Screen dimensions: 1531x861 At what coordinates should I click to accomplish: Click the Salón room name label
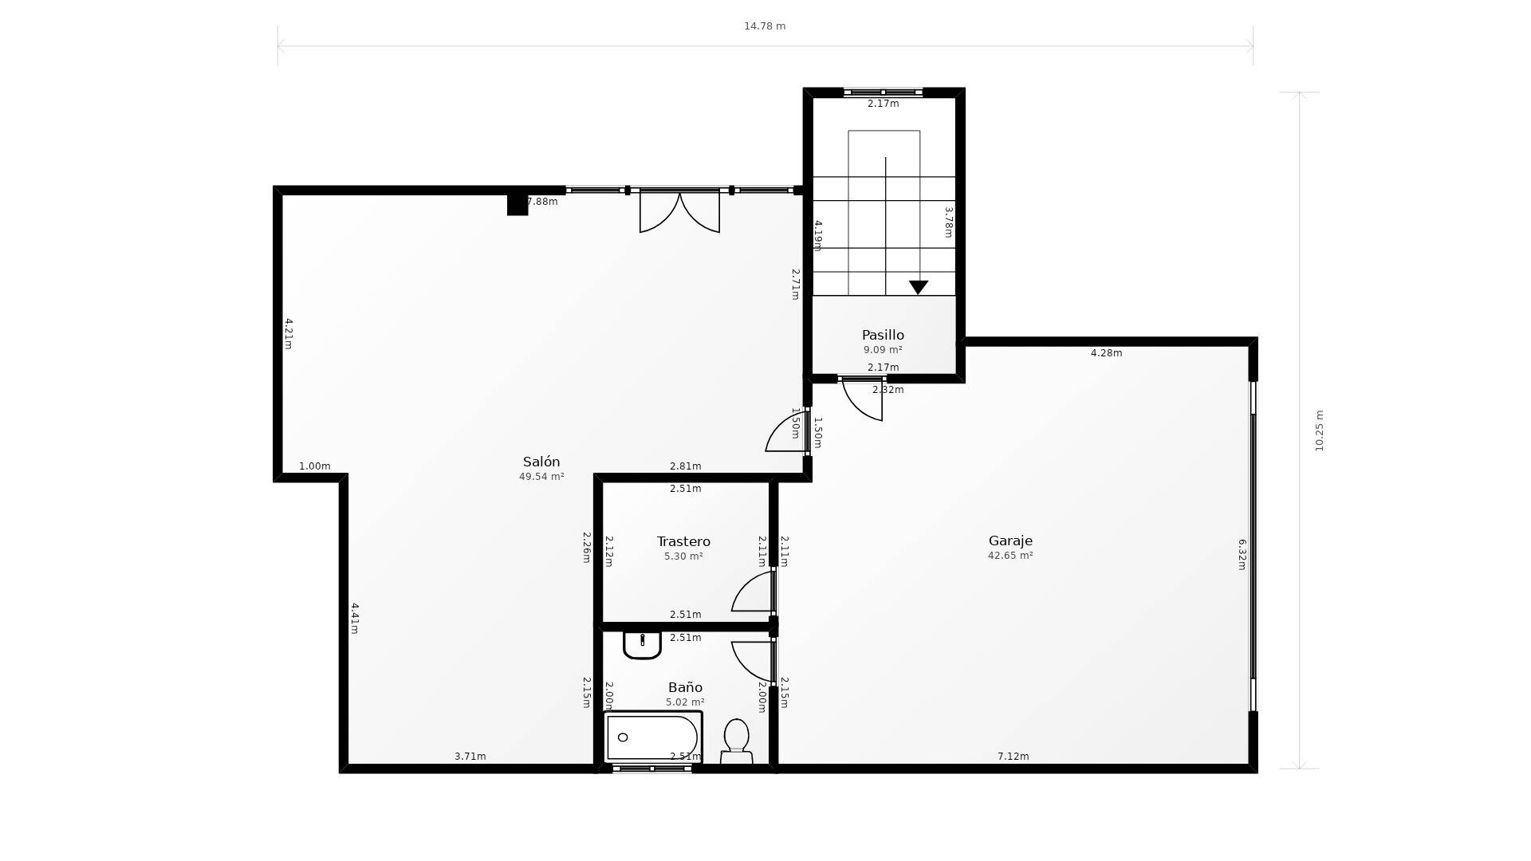[541, 462]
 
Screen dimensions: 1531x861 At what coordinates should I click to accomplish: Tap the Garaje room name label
[1010, 541]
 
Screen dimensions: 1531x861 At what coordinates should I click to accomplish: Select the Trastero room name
[683, 541]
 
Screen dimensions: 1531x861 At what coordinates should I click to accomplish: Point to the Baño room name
[685, 687]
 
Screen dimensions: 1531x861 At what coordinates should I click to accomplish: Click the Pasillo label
[883, 335]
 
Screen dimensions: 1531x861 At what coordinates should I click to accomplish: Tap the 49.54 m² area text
[541, 477]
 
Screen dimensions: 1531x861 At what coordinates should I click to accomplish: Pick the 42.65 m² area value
[1010, 556]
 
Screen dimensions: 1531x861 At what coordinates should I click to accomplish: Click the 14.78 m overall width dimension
[765, 26]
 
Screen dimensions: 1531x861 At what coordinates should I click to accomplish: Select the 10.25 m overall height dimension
[1319, 431]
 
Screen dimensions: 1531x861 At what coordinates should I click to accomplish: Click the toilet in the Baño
[736, 741]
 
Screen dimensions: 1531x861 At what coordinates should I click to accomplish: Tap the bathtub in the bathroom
[653, 737]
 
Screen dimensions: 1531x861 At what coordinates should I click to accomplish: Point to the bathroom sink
[642, 645]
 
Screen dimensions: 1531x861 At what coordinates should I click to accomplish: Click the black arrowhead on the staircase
[919, 287]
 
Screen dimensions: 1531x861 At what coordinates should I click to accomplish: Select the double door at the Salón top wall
[679, 212]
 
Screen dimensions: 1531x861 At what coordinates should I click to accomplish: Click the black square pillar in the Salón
[518, 204]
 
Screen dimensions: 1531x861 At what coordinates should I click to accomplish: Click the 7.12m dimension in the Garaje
[1013, 757]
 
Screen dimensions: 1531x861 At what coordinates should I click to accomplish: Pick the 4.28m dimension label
[1106, 353]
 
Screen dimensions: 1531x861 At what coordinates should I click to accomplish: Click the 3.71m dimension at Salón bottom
[470, 757]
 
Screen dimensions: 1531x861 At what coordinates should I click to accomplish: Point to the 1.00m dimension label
[314, 466]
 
